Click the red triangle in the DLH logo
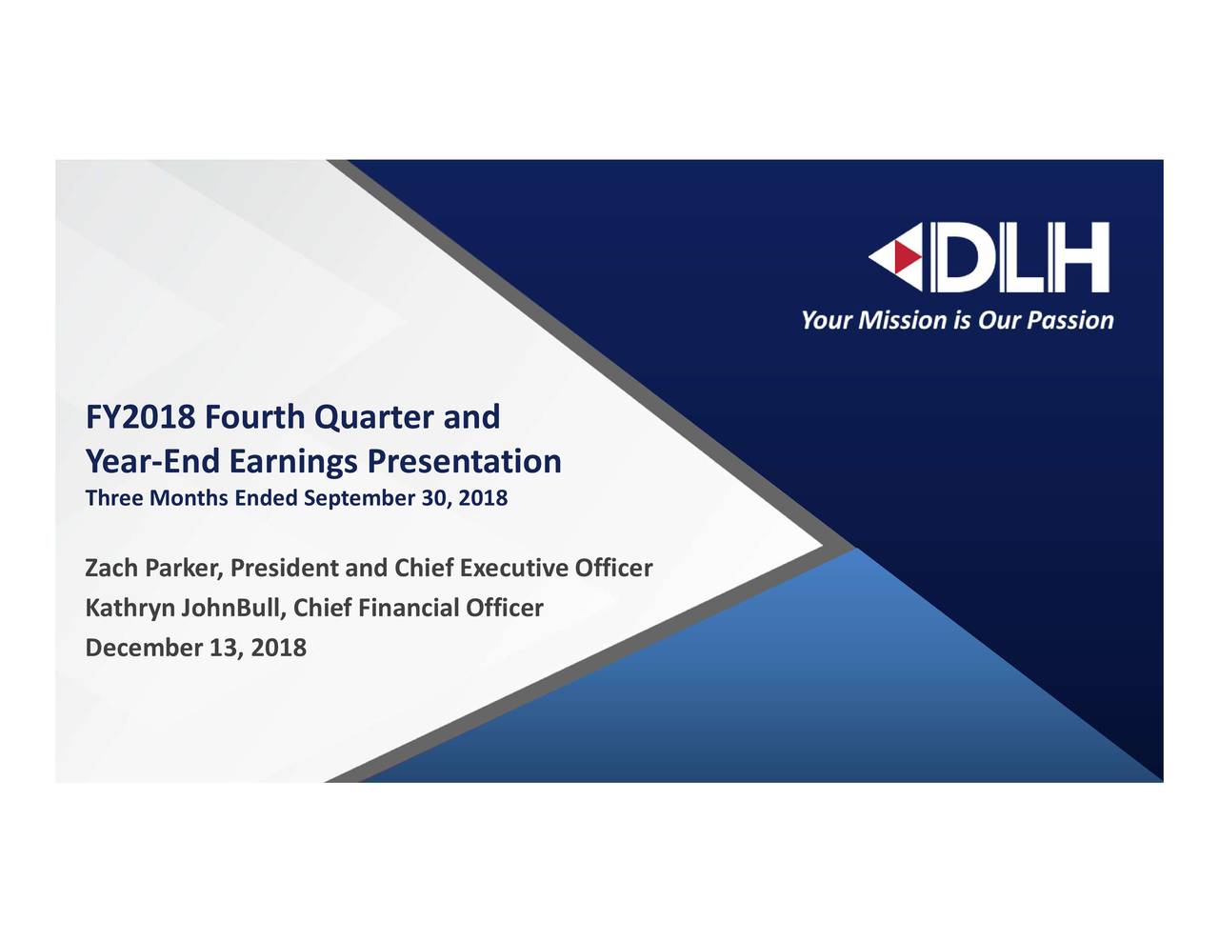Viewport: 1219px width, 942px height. pyautogui.click(x=911, y=257)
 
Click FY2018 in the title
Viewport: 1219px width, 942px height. pyautogui.click(x=141, y=417)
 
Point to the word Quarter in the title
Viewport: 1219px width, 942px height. pyautogui.click(x=373, y=417)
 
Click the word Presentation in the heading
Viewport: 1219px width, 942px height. pyautogui.click(x=464, y=462)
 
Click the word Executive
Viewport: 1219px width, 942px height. pyautogui.click(x=514, y=569)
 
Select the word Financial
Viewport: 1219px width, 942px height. pyautogui.click(x=410, y=609)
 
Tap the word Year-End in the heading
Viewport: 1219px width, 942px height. pyautogui.click(x=153, y=462)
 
